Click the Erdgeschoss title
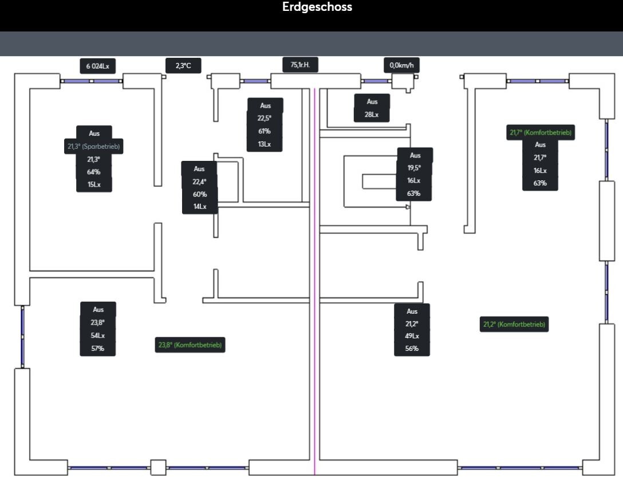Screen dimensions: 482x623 (317, 7)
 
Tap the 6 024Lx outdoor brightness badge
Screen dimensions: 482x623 (97, 66)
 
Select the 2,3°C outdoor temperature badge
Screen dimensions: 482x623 (183, 66)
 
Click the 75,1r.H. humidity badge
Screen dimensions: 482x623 (300, 65)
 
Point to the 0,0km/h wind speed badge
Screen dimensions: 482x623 (401, 65)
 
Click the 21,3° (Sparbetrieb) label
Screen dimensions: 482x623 (94, 147)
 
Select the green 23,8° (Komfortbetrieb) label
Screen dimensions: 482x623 (190, 345)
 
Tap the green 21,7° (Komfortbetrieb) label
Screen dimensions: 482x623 (541, 133)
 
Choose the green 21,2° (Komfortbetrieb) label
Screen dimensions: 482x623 (514, 325)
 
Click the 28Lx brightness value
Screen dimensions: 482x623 (372, 114)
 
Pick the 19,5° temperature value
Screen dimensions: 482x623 (414, 168)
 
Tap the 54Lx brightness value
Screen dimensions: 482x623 (98, 335)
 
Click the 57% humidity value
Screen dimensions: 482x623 (98, 348)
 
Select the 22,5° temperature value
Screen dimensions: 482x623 (265, 118)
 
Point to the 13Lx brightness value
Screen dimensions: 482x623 (265, 144)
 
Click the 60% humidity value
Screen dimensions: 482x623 (200, 194)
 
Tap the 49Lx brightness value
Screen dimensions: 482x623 (412, 336)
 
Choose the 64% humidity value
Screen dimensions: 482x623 (94, 172)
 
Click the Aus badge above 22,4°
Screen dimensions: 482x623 (199, 169)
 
